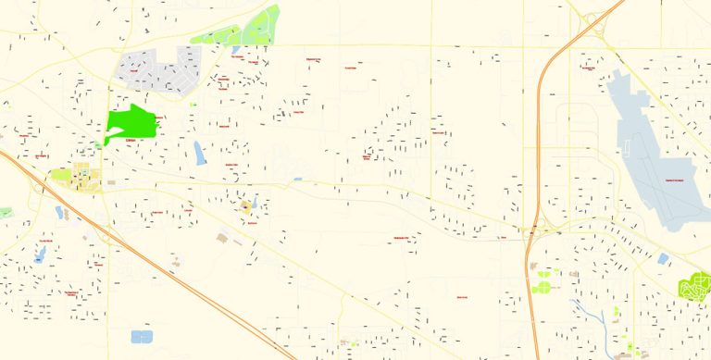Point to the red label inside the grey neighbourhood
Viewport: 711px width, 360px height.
click(135, 70)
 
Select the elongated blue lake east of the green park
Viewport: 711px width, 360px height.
click(200, 152)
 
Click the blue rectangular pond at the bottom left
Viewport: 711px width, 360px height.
click(143, 337)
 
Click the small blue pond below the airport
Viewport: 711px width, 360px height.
click(663, 259)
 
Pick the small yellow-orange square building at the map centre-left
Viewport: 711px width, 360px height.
click(246, 205)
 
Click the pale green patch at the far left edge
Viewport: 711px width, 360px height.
click(5, 213)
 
